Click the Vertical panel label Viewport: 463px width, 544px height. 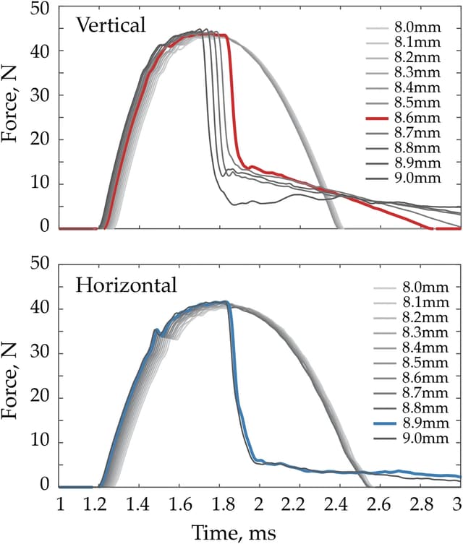[111, 26]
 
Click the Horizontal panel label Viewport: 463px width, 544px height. [126, 285]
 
